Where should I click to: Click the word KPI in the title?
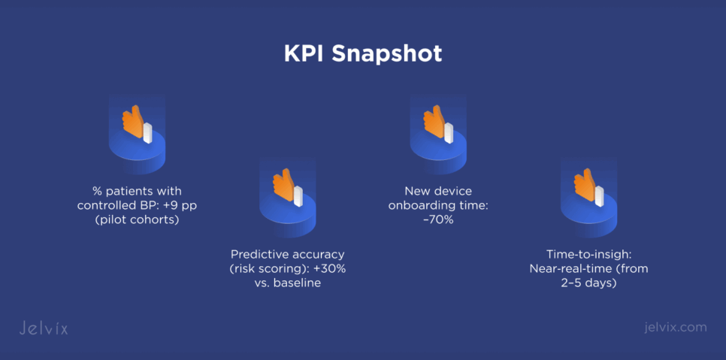point(304,54)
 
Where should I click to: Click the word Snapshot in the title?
point(386,55)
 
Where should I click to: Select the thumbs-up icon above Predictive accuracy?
point(288,188)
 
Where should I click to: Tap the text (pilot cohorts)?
point(137,219)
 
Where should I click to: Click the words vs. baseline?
point(288,283)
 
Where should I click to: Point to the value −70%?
point(438,219)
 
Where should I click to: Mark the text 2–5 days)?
point(589,283)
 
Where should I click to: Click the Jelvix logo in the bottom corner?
point(44,328)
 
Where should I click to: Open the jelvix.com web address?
point(676,327)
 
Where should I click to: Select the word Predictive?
point(258,255)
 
